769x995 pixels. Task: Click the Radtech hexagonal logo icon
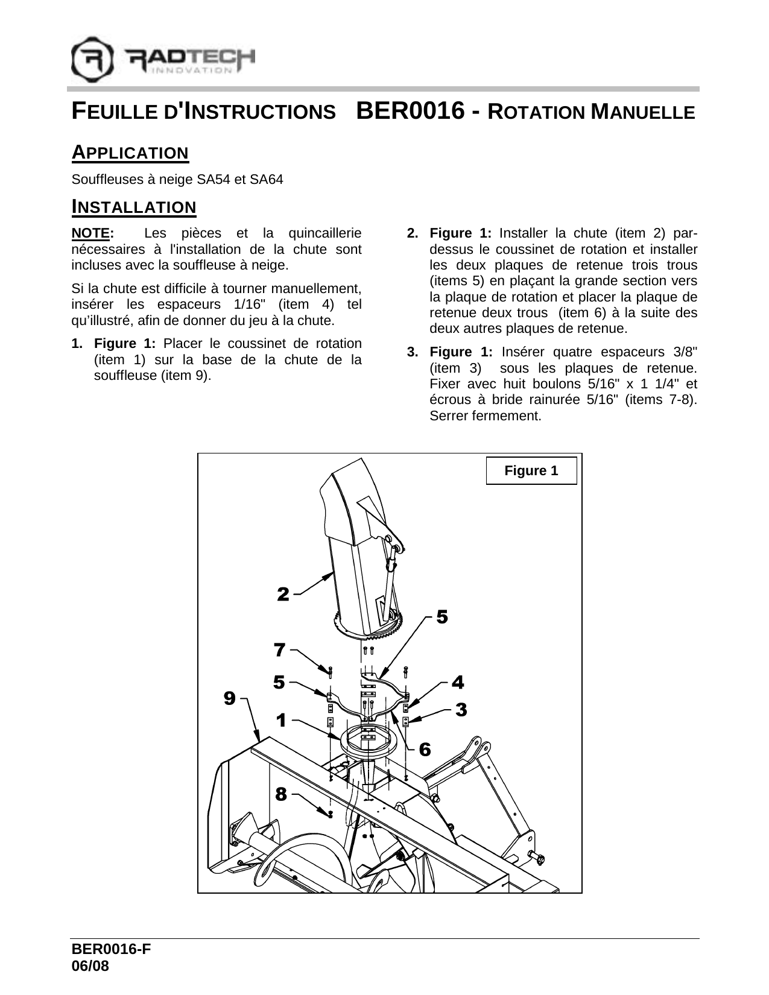point(92,60)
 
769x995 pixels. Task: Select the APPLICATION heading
point(130,153)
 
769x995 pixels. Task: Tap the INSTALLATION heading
point(134,207)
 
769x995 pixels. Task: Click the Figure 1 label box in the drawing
point(531,471)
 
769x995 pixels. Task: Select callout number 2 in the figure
point(283,594)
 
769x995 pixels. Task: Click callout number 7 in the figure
point(279,650)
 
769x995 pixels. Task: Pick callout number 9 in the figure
point(229,698)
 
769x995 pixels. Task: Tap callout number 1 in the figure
point(281,719)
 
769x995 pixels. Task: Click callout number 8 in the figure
point(280,794)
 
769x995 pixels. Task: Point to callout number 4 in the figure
point(458,683)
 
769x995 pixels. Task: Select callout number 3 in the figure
point(461,710)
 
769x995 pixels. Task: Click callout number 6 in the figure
point(425,750)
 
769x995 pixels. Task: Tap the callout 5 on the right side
point(442,617)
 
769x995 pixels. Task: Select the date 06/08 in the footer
point(90,965)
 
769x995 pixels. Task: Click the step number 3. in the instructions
point(412,352)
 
